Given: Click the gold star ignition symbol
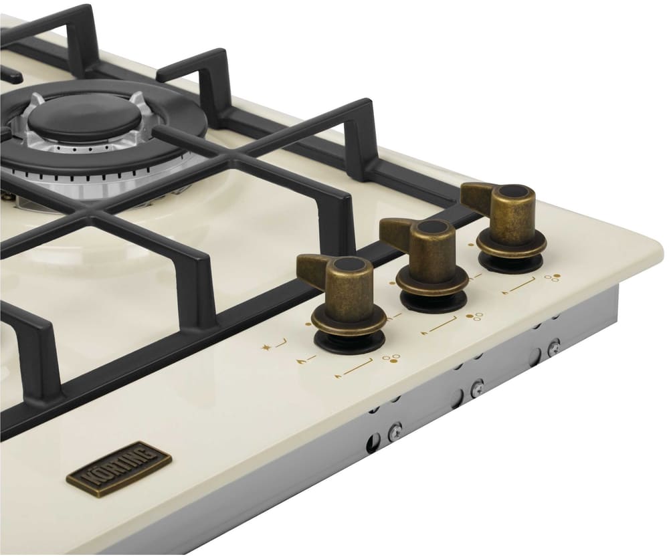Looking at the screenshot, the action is [x=266, y=348].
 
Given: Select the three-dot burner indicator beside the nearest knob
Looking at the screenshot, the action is [x=391, y=358].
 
